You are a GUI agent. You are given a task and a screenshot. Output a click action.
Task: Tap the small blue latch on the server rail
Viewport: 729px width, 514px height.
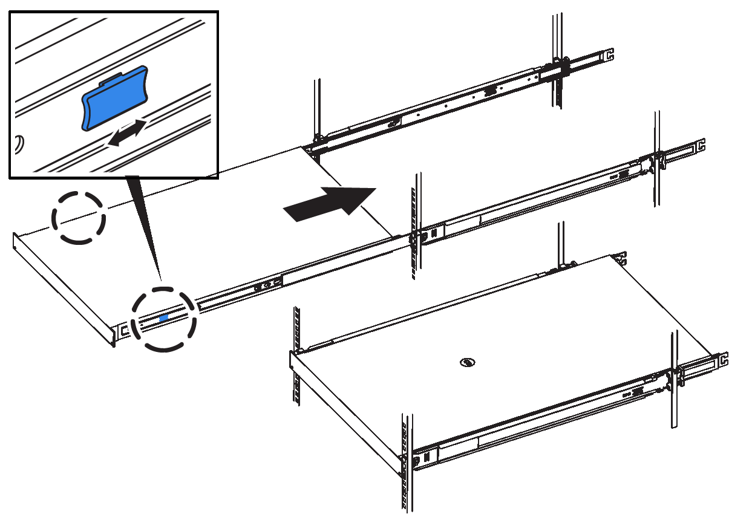point(163,317)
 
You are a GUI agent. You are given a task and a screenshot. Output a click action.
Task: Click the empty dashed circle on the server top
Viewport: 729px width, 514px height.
point(79,218)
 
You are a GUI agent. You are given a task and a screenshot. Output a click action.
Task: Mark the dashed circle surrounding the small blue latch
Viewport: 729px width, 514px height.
point(165,319)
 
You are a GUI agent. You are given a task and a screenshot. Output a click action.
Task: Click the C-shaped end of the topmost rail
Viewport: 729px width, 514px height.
point(609,54)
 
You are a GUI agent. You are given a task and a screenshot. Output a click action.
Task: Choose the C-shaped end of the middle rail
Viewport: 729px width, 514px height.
point(701,146)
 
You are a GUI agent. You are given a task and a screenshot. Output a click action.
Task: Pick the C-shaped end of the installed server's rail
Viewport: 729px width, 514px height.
point(723,360)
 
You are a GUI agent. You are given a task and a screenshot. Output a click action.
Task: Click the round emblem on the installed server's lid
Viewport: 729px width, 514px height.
point(466,363)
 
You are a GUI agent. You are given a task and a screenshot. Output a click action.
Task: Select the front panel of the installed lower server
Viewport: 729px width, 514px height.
point(345,411)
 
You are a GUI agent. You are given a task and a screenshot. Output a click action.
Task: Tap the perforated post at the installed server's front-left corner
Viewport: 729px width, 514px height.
point(296,357)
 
